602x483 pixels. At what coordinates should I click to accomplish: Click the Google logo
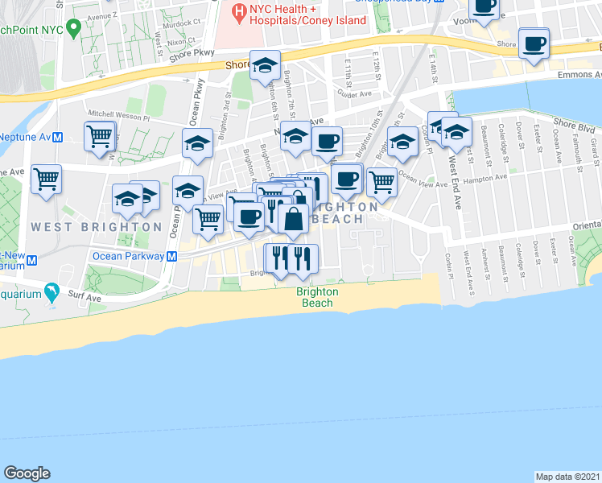tap(27, 473)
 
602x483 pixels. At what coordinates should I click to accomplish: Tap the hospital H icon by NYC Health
tap(238, 12)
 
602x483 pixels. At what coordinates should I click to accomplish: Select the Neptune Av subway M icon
tap(58, 137)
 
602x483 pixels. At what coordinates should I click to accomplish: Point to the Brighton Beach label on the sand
tap(316, 297)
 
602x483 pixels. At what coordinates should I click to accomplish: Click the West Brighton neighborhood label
tap(97, 227)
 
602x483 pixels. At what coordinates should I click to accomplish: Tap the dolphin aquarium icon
tap(52, 292)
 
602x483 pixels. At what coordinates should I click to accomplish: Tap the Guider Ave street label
tap(355, 94)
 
